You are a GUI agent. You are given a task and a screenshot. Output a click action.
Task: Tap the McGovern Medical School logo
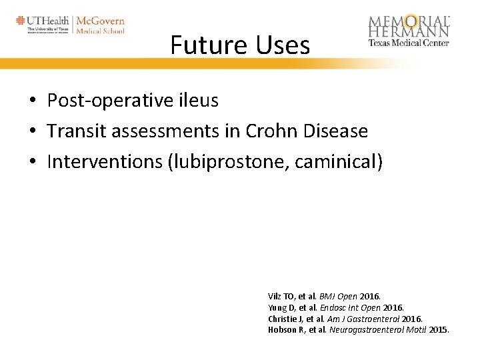click(x=101, y=25)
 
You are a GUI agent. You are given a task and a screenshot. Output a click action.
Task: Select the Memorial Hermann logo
click(x=409, y=30)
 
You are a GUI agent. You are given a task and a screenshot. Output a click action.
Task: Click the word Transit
click(x=77, y=131)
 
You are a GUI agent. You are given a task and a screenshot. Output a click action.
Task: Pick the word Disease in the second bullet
click(x=336, y=131)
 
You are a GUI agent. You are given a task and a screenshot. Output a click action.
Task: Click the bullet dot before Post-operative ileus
click(x=32, y=101)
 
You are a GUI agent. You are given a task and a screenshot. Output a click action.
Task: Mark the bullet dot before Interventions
click(x=32, y=163)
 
